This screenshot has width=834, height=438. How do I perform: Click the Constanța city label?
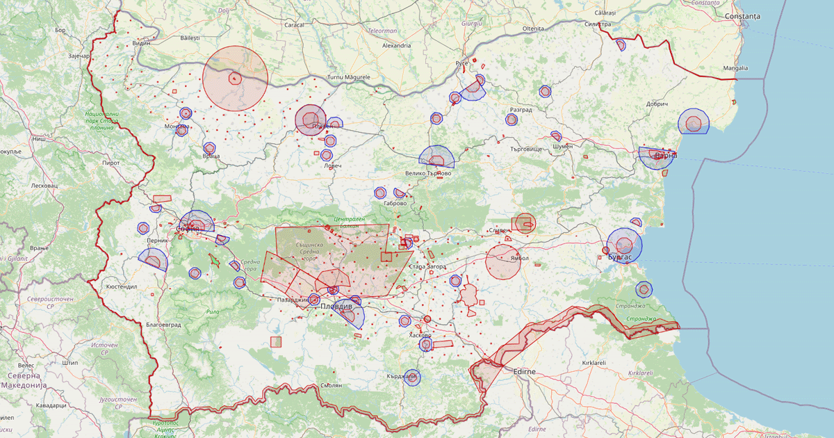click(x=742, y=16)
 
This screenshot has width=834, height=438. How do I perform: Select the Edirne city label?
click(x=524, y=372)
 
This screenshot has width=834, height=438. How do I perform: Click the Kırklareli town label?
click(x=595, y=363)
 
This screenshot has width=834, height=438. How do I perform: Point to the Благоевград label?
click(x=145, y=325)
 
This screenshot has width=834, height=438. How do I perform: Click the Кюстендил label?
click(x=122, y=286)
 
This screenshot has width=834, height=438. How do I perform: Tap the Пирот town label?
click(x=111, y=162)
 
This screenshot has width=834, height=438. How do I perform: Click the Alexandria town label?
click(x=396, y=45)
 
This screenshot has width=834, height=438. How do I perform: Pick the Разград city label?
click(x=521, y=110)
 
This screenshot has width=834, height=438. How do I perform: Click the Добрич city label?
click(x=657, y=104)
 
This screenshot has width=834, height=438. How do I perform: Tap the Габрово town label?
click(x=394, y=204)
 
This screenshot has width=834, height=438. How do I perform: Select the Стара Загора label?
click(x=427, y=267)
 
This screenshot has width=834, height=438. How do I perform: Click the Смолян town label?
click(x=332, y=385)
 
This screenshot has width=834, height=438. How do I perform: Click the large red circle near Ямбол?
click(x=503, y=261)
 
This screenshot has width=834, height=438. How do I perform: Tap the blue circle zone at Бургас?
click(x=624, y=245)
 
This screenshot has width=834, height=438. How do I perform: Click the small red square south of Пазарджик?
click(x=276, y=341)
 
